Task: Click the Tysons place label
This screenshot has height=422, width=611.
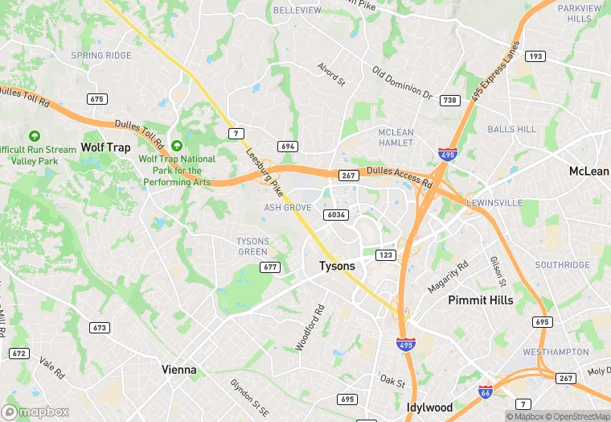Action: click(x=337, y=266)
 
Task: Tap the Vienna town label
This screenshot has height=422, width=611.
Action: click(x=178, y=370)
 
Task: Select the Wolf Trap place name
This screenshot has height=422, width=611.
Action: click(x=105, y=147)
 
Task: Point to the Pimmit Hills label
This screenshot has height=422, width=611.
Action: click(x=480, y=300)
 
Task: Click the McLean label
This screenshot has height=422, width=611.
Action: click(x=588, y=172)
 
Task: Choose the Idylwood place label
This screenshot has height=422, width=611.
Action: click(x=429, y=407)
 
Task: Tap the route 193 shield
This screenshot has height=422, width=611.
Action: click(x=536, y=56)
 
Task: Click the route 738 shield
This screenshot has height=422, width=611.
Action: click(x=450, y=101)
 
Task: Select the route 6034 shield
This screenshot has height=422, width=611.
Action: click(x=336, y=215)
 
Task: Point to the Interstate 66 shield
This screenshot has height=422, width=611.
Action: click(x=486, y=391)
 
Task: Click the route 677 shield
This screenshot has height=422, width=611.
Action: click(x=270, y=267)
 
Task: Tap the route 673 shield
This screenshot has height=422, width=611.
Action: click(x=100, y=328)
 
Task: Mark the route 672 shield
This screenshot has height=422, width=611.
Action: click(x=19, y=354)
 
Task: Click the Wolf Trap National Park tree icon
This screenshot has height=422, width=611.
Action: click(x=177, y=145)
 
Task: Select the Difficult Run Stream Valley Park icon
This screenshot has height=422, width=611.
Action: click(x=34, y=136)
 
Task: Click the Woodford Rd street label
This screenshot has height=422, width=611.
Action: click(x=310, y=327)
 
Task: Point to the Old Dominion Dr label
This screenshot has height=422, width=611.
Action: click(x=402, y=84)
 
